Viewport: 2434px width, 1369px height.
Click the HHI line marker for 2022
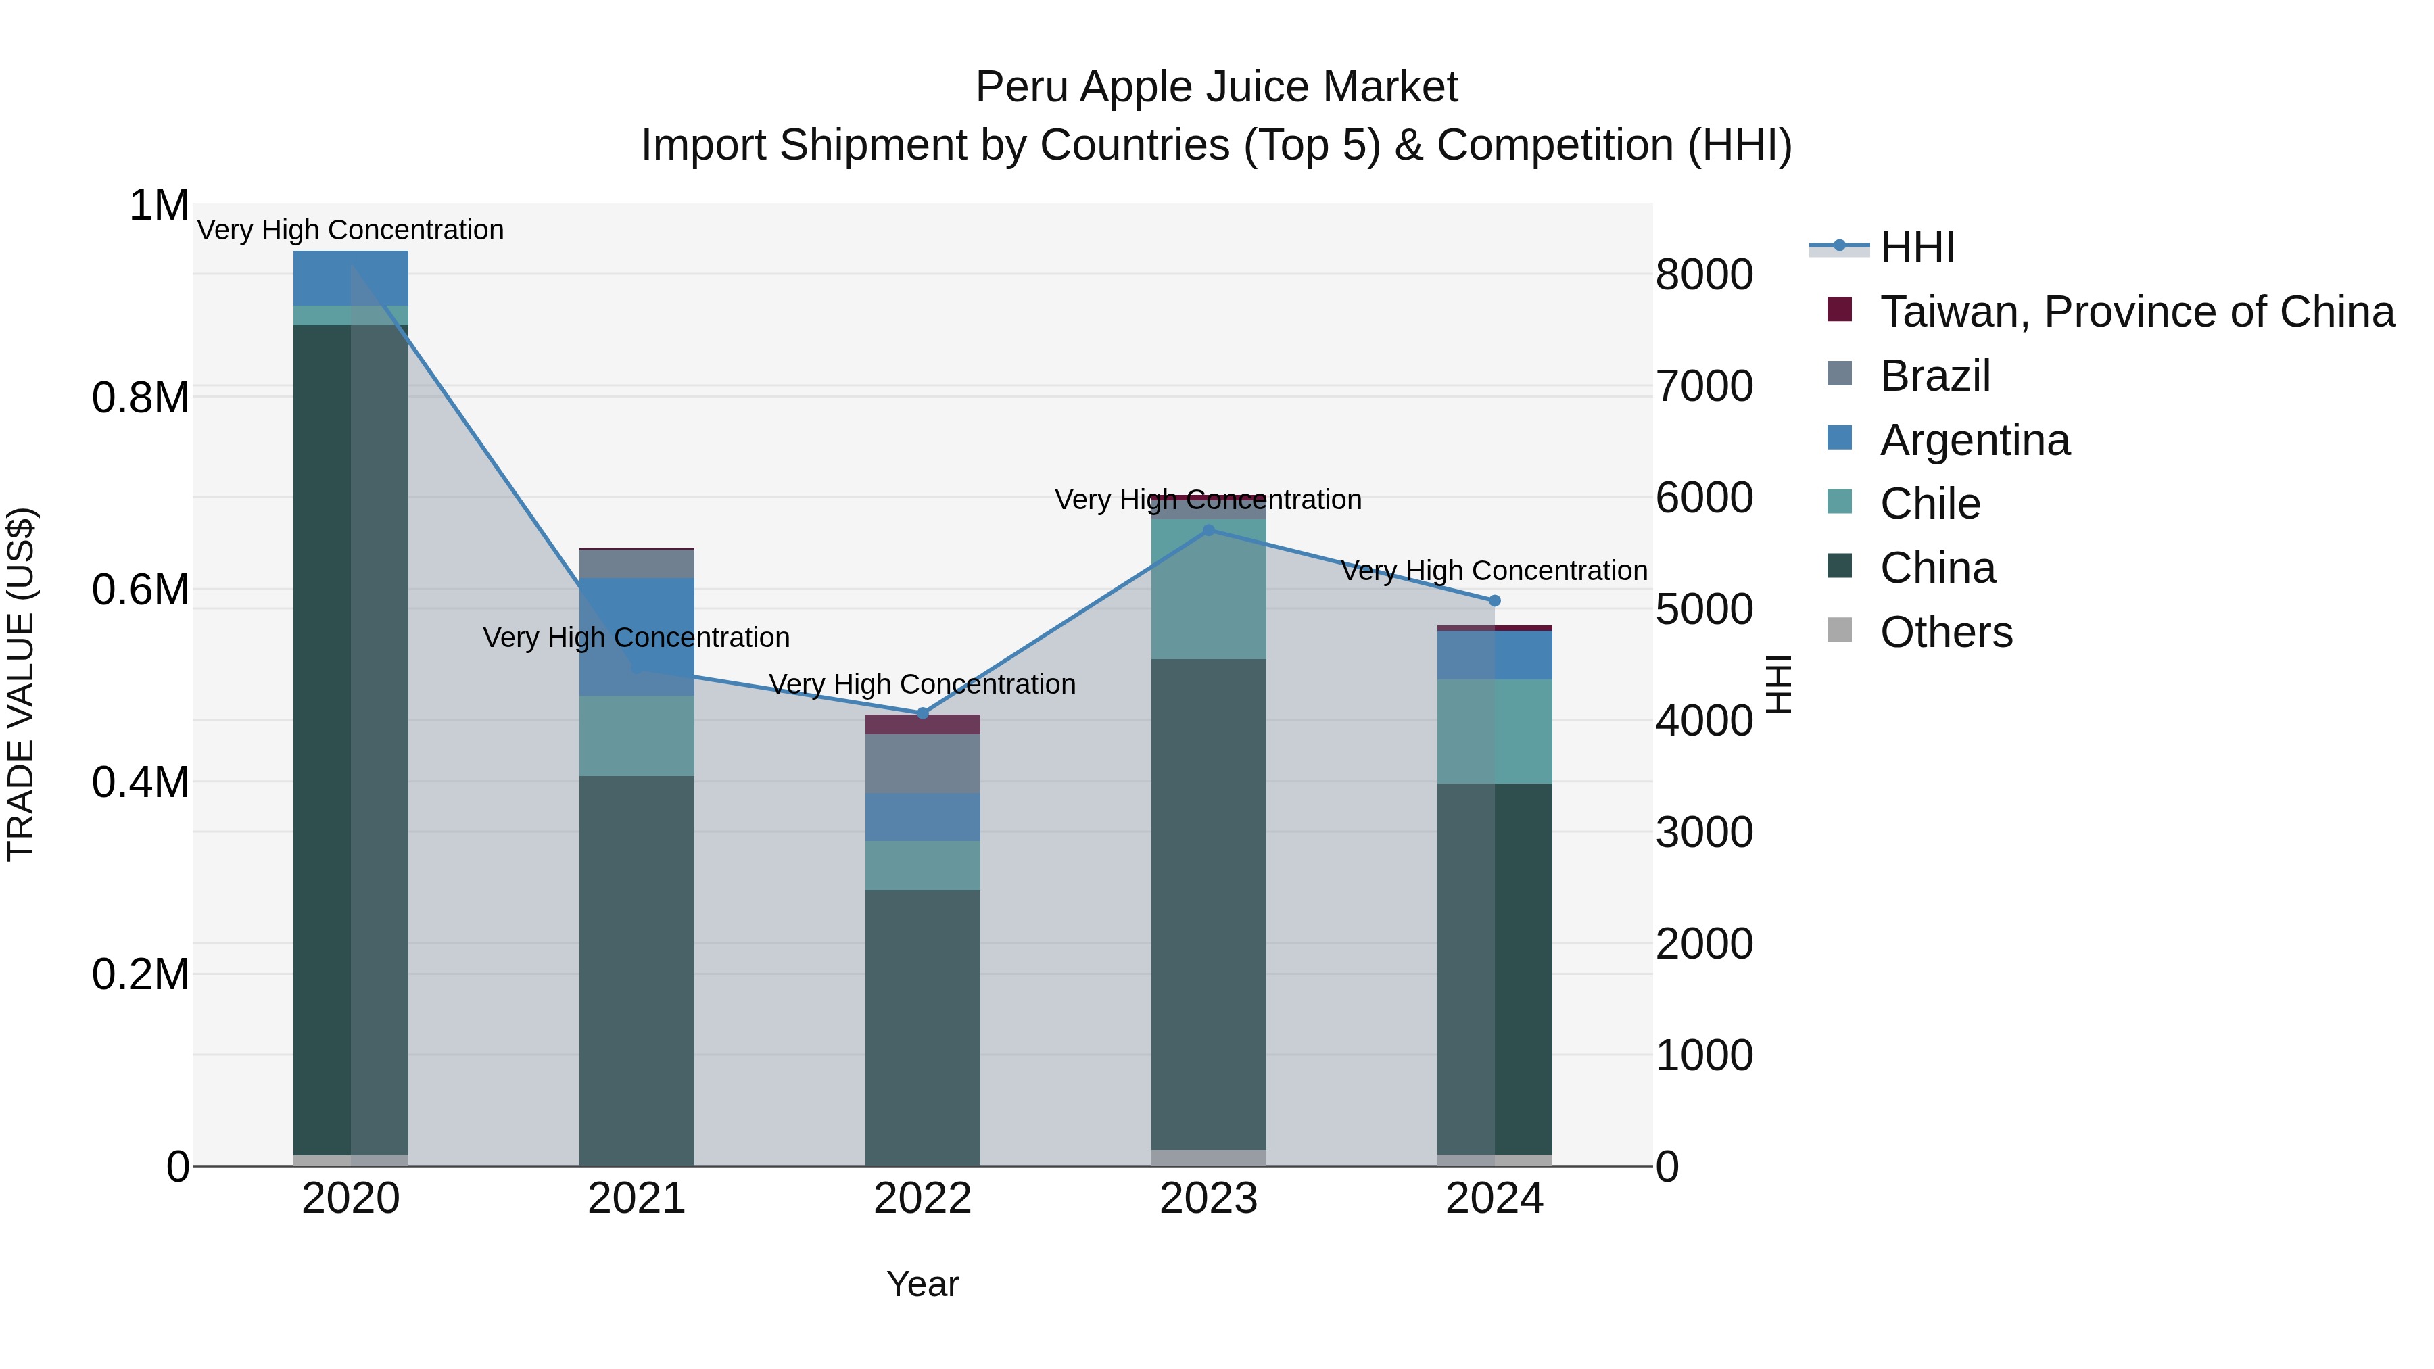922,713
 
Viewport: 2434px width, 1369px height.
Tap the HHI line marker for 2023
1208,530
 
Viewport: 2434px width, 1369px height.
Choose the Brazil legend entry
1934,376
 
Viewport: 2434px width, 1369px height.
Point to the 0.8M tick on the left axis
140,398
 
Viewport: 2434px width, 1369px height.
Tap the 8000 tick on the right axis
1704,275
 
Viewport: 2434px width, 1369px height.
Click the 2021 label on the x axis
636,1199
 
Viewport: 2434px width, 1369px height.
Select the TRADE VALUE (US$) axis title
21,684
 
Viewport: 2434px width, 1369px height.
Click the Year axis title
922,1284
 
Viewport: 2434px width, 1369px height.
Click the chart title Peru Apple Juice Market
1216,87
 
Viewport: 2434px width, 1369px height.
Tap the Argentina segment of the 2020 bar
350,278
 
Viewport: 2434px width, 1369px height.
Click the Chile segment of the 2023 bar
1208,589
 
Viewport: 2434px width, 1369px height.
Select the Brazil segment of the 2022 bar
922,763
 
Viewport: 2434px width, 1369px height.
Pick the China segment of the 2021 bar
636,970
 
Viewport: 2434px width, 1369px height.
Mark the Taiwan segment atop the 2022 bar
922,725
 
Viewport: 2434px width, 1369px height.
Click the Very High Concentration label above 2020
350,230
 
